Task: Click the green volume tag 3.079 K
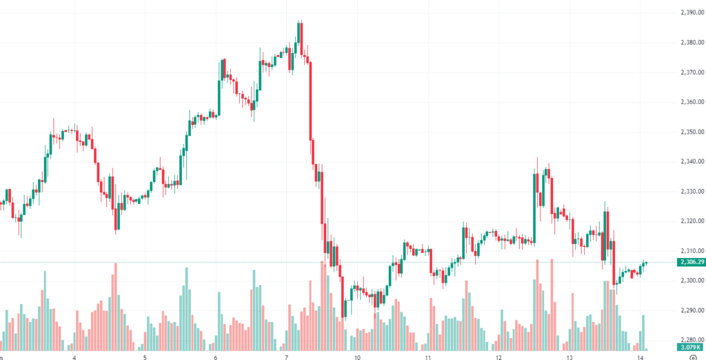click(x=689, y=348)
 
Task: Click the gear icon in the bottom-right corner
click(x=692, y=357)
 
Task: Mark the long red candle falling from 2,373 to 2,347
click(x=310, y=101)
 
